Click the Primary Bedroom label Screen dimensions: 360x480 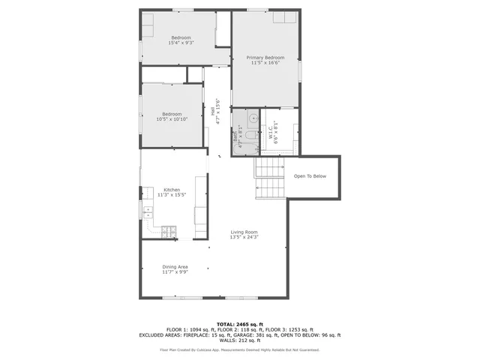click(265, 58)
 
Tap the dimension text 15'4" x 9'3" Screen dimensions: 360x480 click(181, 43)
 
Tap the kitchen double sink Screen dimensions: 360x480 click(148, 211)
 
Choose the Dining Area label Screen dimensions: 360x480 click(175, 267)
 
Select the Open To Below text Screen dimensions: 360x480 click(310, 176)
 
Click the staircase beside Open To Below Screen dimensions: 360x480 click(268, 178)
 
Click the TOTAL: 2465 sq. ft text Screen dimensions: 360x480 click(239, 323)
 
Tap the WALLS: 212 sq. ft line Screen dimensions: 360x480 click(239, 341)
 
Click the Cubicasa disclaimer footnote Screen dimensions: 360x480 click(239, 349)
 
